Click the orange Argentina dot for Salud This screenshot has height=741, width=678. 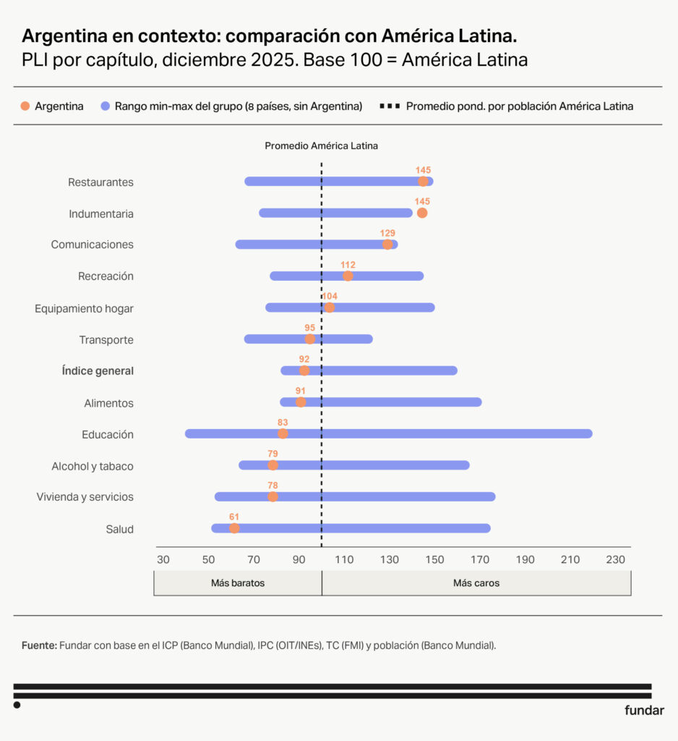click(234, 528)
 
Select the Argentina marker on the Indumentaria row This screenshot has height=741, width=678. click(422, 213)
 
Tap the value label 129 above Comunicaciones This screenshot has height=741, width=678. click(387, 233)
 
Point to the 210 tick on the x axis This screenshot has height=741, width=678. click(570, 559)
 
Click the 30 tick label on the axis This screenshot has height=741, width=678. click(163, 559)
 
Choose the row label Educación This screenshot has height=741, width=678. click(108, 434)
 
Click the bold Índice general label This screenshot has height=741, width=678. click(98, 371)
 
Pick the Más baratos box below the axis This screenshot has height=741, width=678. click(238, 583)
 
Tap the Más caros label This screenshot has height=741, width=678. click(476, 583)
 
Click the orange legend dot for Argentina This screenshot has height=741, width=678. click(25, 106)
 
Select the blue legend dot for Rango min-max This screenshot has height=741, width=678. click(106, 106)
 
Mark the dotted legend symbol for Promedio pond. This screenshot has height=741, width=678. click(389, 106)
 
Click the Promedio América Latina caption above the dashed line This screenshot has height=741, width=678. click(321, 145)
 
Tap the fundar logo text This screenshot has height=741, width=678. click(644, 711)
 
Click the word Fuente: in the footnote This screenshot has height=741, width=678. click(39, 645)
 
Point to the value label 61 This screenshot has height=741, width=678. click(234, 517)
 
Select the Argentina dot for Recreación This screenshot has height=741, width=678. click(348, 276)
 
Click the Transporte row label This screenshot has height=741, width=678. click(106, 339)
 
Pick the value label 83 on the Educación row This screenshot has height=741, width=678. click(283, 422)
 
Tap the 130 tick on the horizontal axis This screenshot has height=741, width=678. click(390, 559)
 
